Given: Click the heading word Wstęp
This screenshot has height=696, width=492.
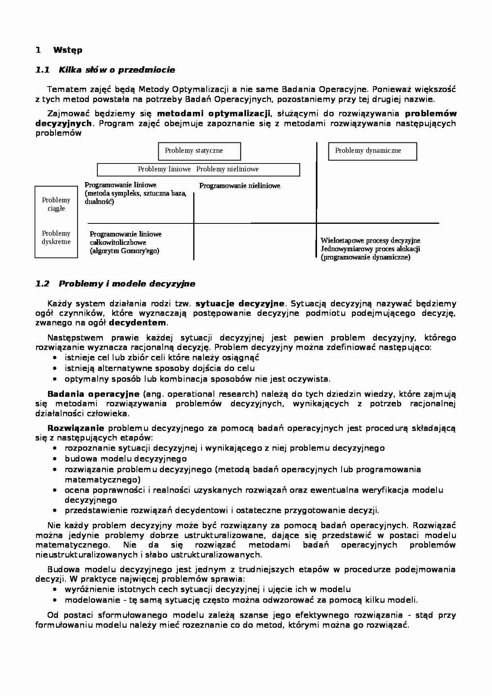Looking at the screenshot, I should coord(67,50).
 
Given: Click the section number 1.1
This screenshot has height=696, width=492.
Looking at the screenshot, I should coord(42,70).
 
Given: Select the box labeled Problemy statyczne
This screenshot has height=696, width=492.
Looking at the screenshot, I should coord(199,151).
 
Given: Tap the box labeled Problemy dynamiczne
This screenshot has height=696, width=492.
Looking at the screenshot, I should coord(372,151).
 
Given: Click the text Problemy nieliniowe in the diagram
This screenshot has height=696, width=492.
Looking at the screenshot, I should coord(227,169).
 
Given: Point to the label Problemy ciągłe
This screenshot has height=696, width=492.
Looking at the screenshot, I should coord(56,204).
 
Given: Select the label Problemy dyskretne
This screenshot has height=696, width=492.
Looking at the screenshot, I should coord(56,238).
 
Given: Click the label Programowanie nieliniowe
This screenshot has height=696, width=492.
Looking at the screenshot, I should coord(240,186).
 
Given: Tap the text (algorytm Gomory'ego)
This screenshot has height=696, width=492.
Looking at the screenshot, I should coord(124,251).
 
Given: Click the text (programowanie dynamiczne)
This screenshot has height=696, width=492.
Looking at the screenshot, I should coord(365,257).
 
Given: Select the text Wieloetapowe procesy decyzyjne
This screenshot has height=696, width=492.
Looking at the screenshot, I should coord(370,240).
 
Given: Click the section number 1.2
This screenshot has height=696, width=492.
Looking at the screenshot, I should coord(42,284).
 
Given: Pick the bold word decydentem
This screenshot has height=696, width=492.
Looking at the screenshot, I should coord(138,323).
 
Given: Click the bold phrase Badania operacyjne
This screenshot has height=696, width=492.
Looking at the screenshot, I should coord(93,394).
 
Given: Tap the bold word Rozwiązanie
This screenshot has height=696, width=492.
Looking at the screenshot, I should coord(76,428).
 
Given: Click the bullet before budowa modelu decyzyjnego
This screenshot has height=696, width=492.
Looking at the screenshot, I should coord(55,459).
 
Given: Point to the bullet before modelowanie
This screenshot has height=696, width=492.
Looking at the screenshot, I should coord(55,600).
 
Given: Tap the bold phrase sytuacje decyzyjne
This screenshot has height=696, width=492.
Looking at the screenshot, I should coord(240,304).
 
